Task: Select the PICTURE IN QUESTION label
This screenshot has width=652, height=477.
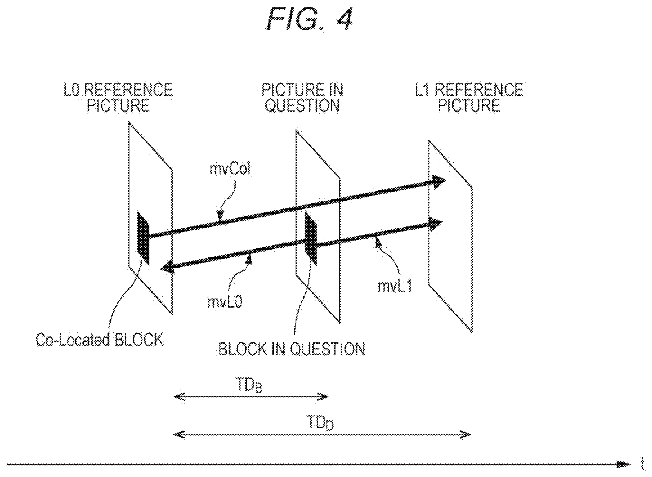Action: pos(302,98)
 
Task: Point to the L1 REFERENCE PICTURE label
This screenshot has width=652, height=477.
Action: pos(469,98)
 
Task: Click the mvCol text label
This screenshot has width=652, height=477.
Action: pos(230,169)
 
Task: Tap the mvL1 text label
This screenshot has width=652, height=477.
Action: pos(395,286)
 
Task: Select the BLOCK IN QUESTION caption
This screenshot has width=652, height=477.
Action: pos(292,349)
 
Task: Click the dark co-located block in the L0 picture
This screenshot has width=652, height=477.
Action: pos(143,238)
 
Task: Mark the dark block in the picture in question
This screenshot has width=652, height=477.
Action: pos(311,239)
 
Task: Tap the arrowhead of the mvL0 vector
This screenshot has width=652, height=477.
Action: pos(168,267)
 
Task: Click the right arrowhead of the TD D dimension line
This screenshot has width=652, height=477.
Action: pos(466,435)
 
